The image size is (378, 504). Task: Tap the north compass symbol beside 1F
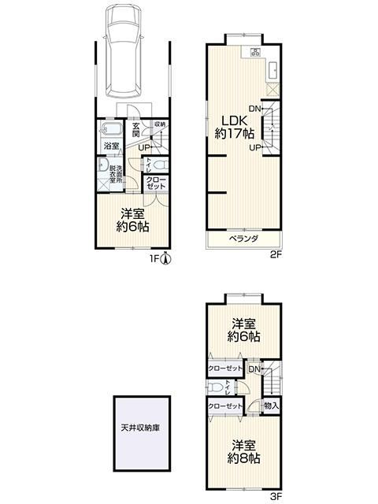[x=165, y=258]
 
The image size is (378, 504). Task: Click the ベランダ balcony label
[x=243, y=239]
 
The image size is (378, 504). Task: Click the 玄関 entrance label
[x=136, y=129]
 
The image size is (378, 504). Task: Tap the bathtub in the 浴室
[x=110, y=129]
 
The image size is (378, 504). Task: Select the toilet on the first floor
[x=161, y=165]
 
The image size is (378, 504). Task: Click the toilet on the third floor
[x=215, y=387]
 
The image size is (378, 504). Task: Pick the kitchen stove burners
[x=256, y=52]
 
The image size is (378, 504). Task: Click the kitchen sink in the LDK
[x=273, y=70]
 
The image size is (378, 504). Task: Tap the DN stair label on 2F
[x=254, y=109]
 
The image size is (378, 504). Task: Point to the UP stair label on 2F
[x=254, y=148]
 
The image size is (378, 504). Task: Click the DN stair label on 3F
[x=254, y=369]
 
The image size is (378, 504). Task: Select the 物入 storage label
[x=271, y=406]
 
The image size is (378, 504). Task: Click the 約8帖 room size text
[x=243, y=458]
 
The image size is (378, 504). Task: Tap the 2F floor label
[x=276, y=255]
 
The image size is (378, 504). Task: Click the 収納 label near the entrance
[x=160, y=124]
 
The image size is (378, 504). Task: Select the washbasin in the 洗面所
[x=103, y=165]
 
